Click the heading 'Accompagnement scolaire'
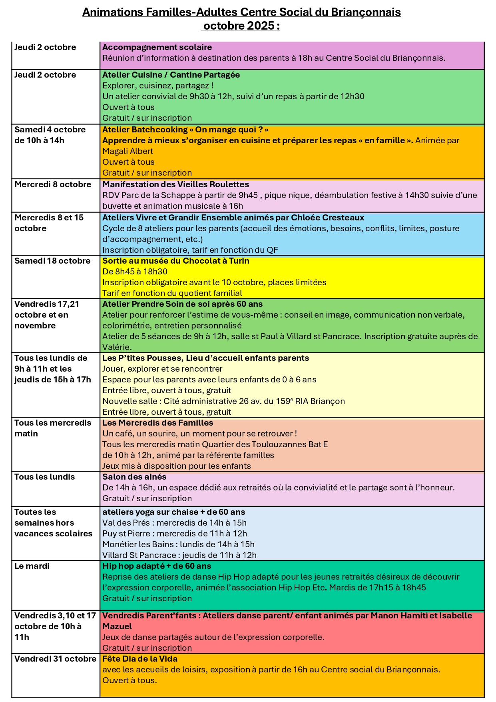click(x=157, y=47)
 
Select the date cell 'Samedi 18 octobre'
click(x=52, y=261)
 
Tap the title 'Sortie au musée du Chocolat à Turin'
click(x=175, y=261)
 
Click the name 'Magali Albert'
click(x=127, y=151)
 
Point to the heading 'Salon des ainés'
click(x=134, y=477)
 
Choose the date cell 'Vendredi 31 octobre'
click(x=55, y=659)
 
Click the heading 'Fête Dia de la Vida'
click(x=140, y=659)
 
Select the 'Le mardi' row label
click(x=32, y=566)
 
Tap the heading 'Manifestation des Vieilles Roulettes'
click(x=175, y=184)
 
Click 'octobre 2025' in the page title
click(x=241, y=26)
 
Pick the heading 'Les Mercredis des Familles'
click(x=157, y=423)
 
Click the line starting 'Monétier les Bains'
click(x=178, y=544)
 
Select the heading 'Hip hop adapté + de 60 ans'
click(x=157, y=566)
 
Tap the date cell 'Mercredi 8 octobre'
click(x=53, y=184)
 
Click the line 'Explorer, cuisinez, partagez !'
click(x=157, y=86)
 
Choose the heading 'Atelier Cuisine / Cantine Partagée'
click(x=171, y=75)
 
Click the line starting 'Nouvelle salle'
click(x=223, y=401)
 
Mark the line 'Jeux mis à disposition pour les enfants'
click(x=176, y=466)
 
